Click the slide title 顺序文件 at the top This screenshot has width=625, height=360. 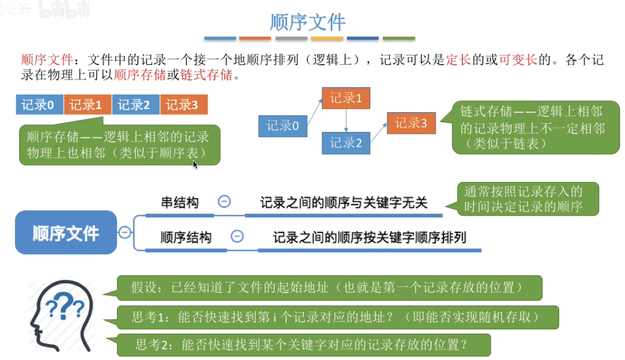point(308,23)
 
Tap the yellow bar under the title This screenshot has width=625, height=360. point(327,38)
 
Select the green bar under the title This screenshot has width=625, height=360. point(399,38)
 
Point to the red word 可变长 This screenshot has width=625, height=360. point(517,60)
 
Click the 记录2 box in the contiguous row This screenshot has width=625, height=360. point(136,104)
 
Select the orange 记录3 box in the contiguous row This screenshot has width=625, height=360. point(184,104)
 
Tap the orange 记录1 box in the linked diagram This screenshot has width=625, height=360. point(346,98)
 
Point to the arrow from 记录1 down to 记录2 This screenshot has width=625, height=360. point(346,120)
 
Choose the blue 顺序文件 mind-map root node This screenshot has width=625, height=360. point(66,232)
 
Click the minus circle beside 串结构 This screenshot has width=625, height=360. point(224,202)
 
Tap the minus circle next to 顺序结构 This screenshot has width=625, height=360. point(237,237)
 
